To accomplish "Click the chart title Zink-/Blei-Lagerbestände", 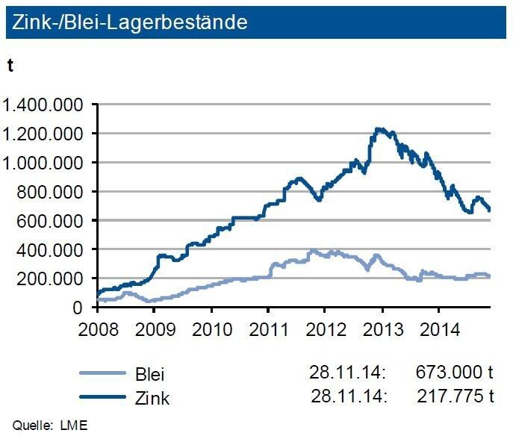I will [127, 23].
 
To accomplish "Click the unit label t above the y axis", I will [10, 66].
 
